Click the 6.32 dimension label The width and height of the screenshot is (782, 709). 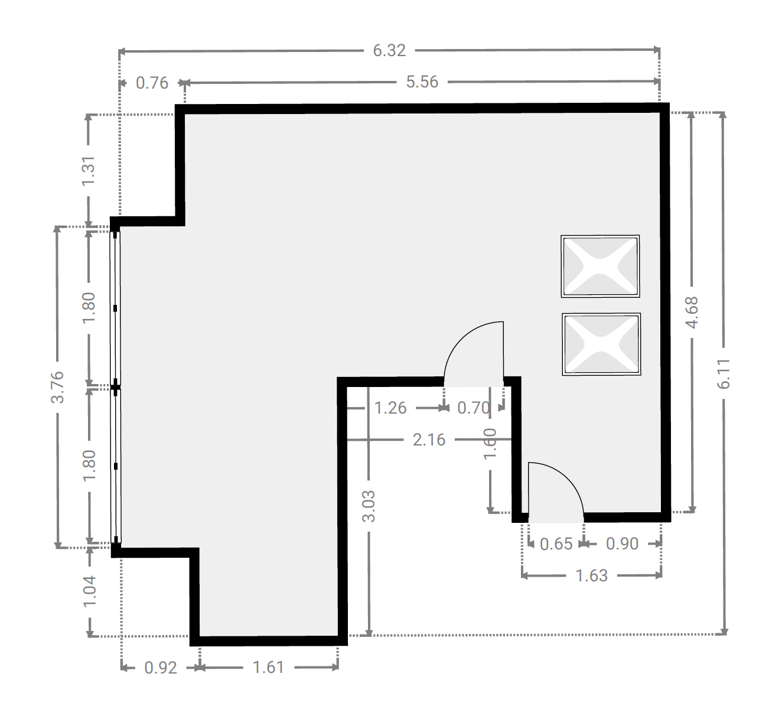389,51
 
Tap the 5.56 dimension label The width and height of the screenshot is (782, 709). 422,82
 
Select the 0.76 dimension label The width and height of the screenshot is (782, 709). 152,83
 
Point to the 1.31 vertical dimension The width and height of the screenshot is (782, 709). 89,170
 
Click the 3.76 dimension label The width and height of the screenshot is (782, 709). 58,387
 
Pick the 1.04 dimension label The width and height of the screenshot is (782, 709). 89,591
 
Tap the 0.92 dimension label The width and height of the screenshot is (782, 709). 161,668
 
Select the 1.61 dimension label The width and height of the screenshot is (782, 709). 269,667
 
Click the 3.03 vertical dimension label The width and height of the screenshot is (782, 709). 369,506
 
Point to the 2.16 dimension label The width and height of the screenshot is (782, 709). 429,440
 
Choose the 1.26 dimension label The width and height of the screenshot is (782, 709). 390,408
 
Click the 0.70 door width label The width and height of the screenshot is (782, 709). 474,408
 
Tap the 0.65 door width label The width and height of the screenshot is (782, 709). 556,544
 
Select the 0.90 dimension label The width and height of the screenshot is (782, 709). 622,544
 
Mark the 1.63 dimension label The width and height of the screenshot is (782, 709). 592,575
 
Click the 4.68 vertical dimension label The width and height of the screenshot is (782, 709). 692,313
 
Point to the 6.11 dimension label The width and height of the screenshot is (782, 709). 724,374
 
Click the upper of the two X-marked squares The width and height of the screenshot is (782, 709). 600,266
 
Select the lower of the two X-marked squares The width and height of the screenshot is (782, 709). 601,344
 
